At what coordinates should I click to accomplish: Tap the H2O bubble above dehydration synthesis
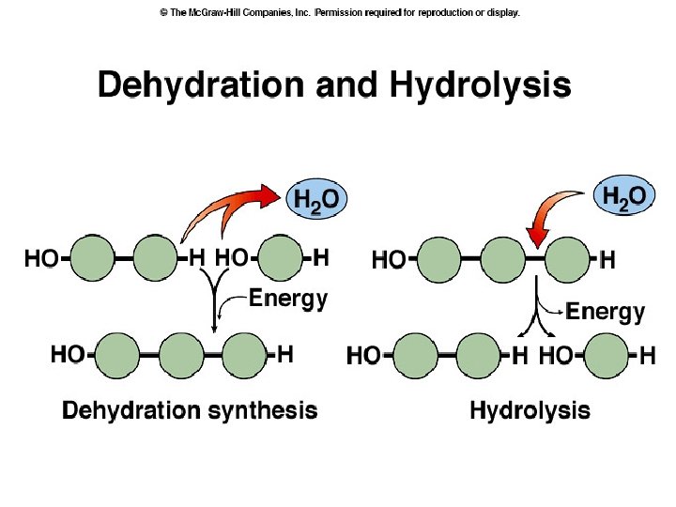pos(316,200)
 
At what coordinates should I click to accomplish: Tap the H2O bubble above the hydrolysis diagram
pos(623,197)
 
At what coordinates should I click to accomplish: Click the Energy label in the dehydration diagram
pos(287,300)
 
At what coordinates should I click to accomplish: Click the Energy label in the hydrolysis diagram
pos(605,311)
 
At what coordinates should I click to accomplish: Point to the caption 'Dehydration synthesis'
pos(190,410)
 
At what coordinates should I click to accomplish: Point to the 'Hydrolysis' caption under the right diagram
pos(530,410)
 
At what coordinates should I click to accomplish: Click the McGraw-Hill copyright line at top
pos(339,13)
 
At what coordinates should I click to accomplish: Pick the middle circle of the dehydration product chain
pos(181,355)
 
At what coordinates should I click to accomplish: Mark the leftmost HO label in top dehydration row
pos(41,258)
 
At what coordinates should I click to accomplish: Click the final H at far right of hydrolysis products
pos(647,356)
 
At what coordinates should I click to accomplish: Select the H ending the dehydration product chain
pos(285,354)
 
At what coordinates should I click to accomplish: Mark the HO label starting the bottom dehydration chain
pos(68,354)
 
